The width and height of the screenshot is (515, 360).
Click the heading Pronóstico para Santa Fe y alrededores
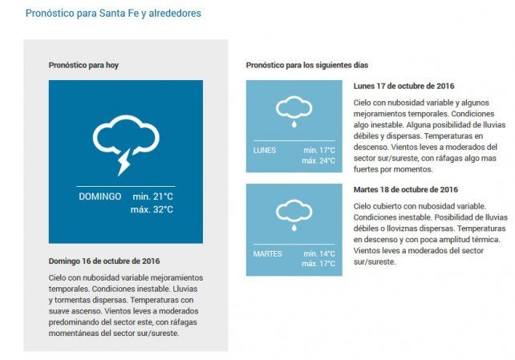click(x=113, y=14)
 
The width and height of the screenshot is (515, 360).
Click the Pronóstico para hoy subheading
click(x=83, y=64)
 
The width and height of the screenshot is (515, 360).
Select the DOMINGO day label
click(x=100, y=196)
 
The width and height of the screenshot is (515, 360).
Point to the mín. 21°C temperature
click(x=152, y=196)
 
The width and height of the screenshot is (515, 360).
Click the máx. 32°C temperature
click(x=152, y=210)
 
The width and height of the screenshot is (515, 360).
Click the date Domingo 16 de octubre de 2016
click(x=104, y=261)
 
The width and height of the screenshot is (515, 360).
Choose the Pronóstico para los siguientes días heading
click(x=307, y=64)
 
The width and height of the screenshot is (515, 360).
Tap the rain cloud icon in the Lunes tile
click(x=294, y=111)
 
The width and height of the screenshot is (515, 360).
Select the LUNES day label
click(x=264, y=150)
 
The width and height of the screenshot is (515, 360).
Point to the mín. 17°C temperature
click(x=319, y=150)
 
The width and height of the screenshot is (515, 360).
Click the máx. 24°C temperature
click(x=318, y=160)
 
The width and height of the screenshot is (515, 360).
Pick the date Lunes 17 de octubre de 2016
click(x=404, y=86)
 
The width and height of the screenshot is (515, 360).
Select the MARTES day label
click(x=267, y=253)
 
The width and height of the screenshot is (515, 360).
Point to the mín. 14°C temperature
click(x=319, y=253)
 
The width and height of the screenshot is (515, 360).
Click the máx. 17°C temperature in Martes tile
click(x=318, y=264)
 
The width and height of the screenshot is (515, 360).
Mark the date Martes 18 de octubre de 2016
click(x=406, y=190)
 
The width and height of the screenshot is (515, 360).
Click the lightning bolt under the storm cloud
click(x=124, y=164)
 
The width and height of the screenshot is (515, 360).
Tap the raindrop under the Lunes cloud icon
click(x=294, y=124)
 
